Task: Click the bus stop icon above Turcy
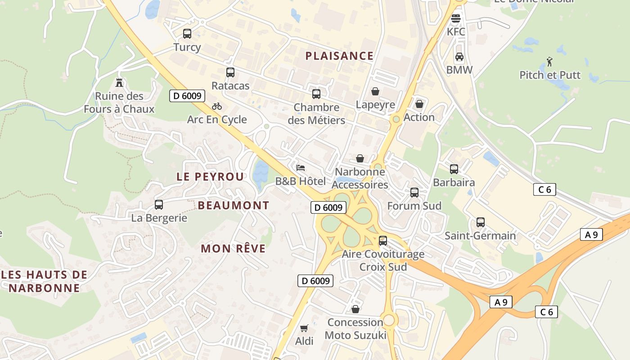187,33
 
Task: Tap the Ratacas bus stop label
230,85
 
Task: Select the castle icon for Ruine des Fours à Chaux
119,82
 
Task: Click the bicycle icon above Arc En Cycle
217,106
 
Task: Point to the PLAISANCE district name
339,56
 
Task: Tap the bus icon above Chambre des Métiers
316,94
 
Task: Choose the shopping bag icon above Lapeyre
375,91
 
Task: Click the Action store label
419,117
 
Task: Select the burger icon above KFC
456,18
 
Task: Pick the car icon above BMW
459,57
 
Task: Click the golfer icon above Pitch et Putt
549,61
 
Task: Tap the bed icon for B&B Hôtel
301,168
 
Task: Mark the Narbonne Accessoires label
360,178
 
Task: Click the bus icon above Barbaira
454,169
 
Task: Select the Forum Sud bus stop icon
414,193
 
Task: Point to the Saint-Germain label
480,236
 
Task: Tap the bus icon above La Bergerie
159,205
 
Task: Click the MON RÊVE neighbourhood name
233,248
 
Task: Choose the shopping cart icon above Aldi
304,328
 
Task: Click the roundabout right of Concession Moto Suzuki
388,320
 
